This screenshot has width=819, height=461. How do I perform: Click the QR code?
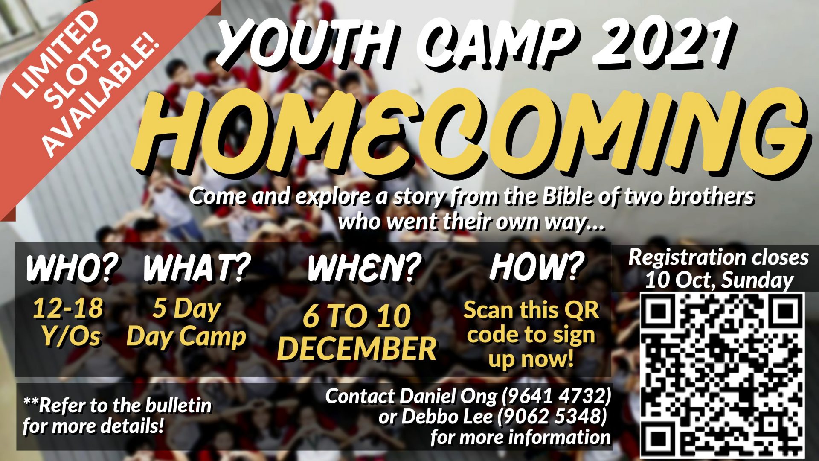click(722, 375)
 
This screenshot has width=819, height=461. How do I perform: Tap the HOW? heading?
click(537, 266)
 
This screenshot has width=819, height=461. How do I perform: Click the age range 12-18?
click(68, 308)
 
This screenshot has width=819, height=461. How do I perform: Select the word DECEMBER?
click(357, 348)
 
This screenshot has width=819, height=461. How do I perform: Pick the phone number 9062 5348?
click(552, 417)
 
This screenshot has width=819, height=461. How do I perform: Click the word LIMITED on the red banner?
click(55, 54)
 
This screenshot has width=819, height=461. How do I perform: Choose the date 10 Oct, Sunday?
click(719, 280)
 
